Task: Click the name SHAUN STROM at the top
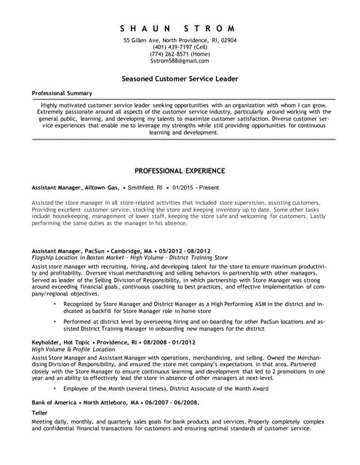(x=180, y=28)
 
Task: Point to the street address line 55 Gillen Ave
(x=180, y=39)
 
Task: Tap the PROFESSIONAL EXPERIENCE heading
(x=180, y=171)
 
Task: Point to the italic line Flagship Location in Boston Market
(x=130, y=257)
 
